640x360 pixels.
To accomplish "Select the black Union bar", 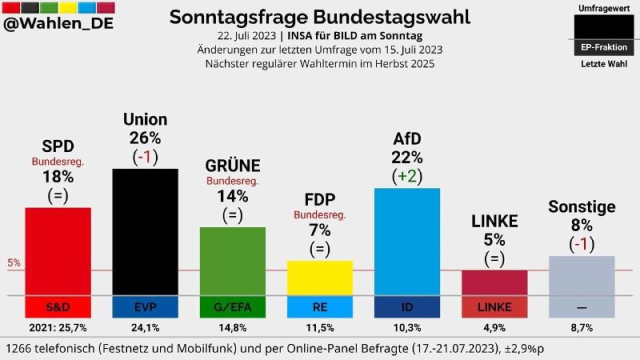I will tap(145, 232).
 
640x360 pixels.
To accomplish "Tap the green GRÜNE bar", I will tap(232, 261).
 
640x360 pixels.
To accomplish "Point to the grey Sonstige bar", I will tap(582, 276).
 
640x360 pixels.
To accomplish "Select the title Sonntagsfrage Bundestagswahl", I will tap(320, 17).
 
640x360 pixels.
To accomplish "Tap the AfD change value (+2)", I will tap(407, 176).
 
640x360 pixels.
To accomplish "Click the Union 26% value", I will tap(145, 138).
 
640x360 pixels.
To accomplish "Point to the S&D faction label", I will tap(58, 307).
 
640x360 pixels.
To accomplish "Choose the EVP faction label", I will tap(145, 307).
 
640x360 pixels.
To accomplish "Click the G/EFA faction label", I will tap(232, 307).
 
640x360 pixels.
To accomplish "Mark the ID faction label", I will tap(407, 307).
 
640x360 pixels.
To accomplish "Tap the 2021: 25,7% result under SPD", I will tap(58, 328).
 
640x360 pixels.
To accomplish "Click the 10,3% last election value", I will tap(407, 328).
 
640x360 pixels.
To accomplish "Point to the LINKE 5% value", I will tap(494, 239).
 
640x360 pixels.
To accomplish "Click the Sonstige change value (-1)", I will tap(582, 244).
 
